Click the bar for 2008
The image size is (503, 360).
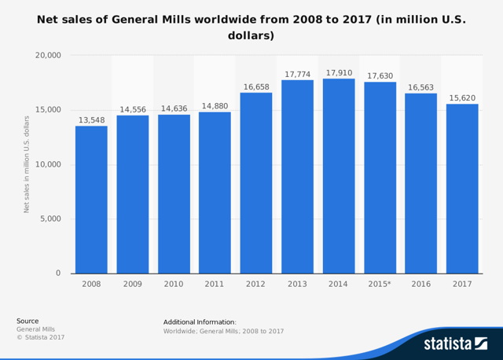pos(91,200)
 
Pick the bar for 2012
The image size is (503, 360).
pos(255,183)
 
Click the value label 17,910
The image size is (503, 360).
pos(338,72)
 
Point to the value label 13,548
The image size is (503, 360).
pos(91,119)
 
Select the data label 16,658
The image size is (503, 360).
pos(255,86)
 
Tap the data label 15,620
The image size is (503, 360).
pos(461,97)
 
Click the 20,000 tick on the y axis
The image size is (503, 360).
pos(48,55)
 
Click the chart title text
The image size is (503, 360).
pos(251,28)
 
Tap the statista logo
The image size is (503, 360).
pos(455,343)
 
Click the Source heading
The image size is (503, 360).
pos(28,321)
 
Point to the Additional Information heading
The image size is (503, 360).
pos(200,321)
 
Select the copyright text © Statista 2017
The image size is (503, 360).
pos(41,337)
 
